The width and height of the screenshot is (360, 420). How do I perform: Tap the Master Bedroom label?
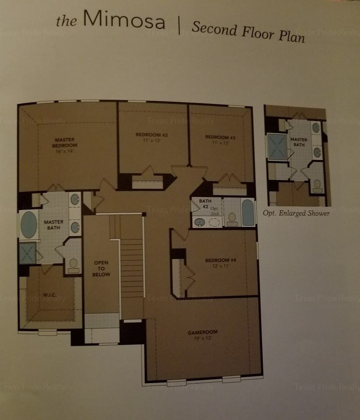pos(65,143)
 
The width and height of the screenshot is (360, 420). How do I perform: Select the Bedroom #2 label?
pos(152,135)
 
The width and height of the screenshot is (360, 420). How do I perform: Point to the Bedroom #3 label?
pos(220,137)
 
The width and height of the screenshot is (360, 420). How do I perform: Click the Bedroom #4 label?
pos(221,260)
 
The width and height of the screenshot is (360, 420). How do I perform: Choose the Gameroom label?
pos(202,332)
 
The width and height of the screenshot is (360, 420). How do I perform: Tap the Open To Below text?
pos(101,268)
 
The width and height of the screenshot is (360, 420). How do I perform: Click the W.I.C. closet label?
pos(49,295)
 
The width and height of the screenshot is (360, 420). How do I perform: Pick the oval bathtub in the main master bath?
pos(28,225)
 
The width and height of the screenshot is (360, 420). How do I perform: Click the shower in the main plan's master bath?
pos(27,253)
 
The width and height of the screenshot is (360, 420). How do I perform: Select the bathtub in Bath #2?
pos(248,213)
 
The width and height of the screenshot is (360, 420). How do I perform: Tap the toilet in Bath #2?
pos(232,219)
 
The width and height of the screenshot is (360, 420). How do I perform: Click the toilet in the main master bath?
pos(73,266)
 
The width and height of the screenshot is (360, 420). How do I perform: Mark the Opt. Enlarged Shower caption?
pos(296,213)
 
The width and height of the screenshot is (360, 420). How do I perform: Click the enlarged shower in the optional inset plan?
pos(277,147)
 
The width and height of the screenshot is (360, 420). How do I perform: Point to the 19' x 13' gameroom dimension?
pos(203,338)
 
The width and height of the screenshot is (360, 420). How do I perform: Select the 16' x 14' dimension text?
pos(65,151)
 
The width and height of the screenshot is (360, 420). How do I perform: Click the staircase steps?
pos(132,268)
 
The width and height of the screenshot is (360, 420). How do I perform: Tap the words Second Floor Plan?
pos(248,33)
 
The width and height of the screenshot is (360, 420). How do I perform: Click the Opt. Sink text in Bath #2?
pos(215,211)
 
